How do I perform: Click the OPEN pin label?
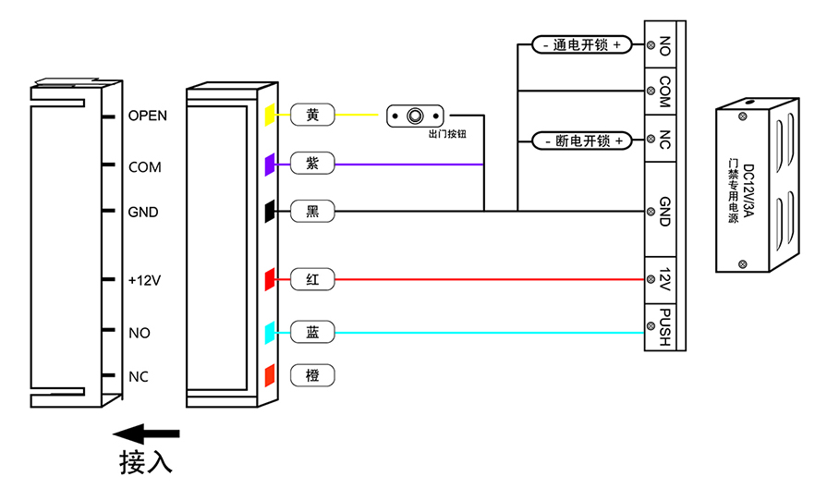pos(148,116)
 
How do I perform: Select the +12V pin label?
pos(144,280)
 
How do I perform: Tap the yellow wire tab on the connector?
pos(270,115)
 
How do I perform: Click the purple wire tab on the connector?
pos(270,165)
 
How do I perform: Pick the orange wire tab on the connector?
pos(270,375)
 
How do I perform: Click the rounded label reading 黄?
pos(312,115)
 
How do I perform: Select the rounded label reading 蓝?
pos(312,332)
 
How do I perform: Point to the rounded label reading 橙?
pos(312,375)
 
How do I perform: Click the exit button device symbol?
pos(415,116)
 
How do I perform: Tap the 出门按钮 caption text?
pos(447,134)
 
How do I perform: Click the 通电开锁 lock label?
pos(582,44)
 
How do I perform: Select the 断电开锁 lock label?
pos(582,141)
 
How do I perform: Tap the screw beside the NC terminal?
pos(651,139)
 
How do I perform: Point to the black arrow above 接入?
pos(146,434)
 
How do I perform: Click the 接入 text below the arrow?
pos(146,462)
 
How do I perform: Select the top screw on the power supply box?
pos(743,116)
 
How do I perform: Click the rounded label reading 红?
pos(312,279)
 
